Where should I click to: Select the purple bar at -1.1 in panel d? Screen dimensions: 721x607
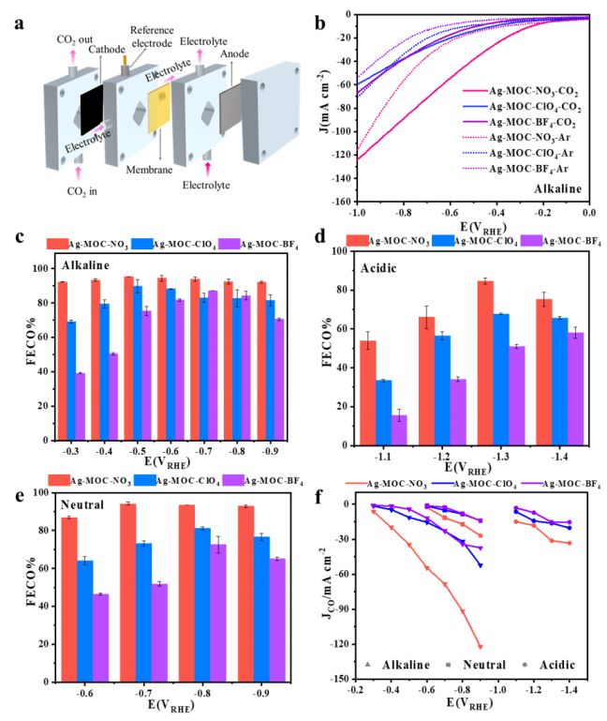pyautogui.click(x=400, y=430)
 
